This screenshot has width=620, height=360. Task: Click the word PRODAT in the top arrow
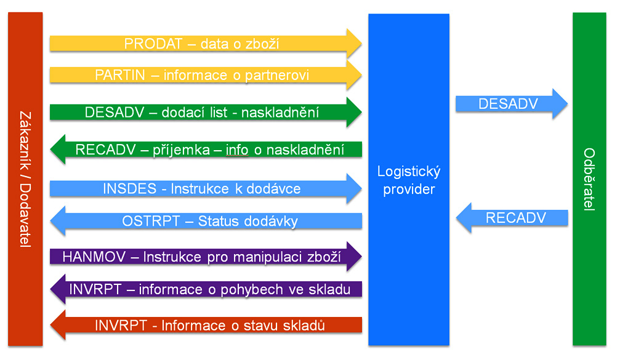[x=153, y=44]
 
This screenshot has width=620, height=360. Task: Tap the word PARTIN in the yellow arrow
[x=120, y=75]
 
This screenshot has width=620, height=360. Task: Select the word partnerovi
[x=277, y=75]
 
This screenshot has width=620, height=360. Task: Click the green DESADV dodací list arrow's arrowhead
[x=354, y=112]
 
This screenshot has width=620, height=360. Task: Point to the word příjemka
[x=182, y=150]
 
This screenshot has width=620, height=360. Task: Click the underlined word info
[x=237, y=150]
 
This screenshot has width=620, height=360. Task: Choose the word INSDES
[x=130, y=188]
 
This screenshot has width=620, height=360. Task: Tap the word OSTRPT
[x=151, y=221]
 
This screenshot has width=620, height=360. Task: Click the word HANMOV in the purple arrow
[x=94, y=257]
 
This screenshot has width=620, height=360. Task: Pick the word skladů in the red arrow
[x=304, y=326]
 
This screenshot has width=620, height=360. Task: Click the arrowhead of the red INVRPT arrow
[x=58, y=325]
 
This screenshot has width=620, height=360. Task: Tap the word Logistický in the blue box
[x=409, y=172]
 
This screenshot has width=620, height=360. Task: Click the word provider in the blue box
[x=409, y=190]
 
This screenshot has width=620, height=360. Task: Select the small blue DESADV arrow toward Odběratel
[x=512, y=104]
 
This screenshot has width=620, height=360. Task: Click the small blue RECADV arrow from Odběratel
[x=512, y=218]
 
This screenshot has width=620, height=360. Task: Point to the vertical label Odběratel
[x=589, y=180]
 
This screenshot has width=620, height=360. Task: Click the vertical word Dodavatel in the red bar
[x=25, y=215]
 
